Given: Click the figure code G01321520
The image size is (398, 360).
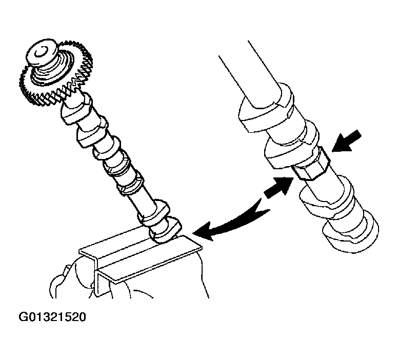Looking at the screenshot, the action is click(52, 317).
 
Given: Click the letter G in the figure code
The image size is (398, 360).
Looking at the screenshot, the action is click(23, 317).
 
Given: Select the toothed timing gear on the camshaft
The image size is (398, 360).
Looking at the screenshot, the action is click(56, 73).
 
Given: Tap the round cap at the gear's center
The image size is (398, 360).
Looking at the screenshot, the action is click(42, 53).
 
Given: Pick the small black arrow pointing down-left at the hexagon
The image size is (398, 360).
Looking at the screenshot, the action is click(347, 142).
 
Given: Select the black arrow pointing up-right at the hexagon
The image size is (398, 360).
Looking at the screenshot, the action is click(279, 187).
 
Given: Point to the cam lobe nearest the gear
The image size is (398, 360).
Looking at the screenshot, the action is click(76, 109).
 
